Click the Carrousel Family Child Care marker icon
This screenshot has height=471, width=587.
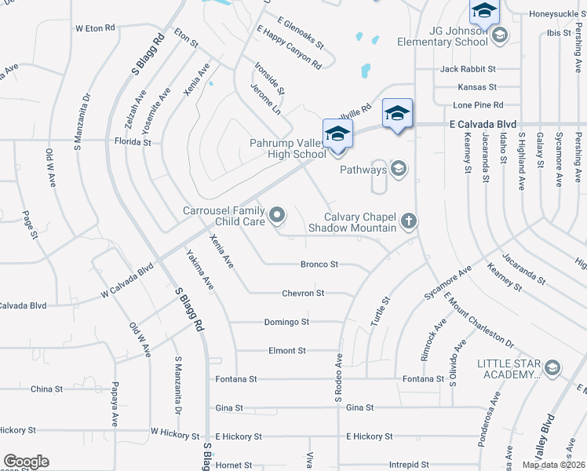click(x=277, y=214)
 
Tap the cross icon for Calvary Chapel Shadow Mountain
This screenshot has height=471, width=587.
click(x=408, y=222)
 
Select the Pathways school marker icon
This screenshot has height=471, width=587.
click(x=399, y=170)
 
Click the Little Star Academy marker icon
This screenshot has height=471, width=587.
click(x=552, y=368)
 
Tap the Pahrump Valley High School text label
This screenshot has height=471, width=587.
click(x=288, y=148)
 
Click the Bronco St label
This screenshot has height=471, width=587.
click(x=319, y=265)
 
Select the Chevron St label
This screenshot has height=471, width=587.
click(x=304, y=293)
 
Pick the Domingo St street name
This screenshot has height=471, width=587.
click(x=286, y=322)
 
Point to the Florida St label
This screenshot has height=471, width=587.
click(x=133, y=143)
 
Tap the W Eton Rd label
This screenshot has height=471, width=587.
click(x=95, y=27)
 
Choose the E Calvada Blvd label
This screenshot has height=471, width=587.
click(x=483, y=124)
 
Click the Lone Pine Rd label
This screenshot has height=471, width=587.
click(x=478, y=105)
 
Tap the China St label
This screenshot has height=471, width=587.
click(x=46, y=389)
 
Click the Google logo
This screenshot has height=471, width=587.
click(x=26, y=462)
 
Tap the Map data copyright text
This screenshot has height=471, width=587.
click(x=553, y=465)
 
